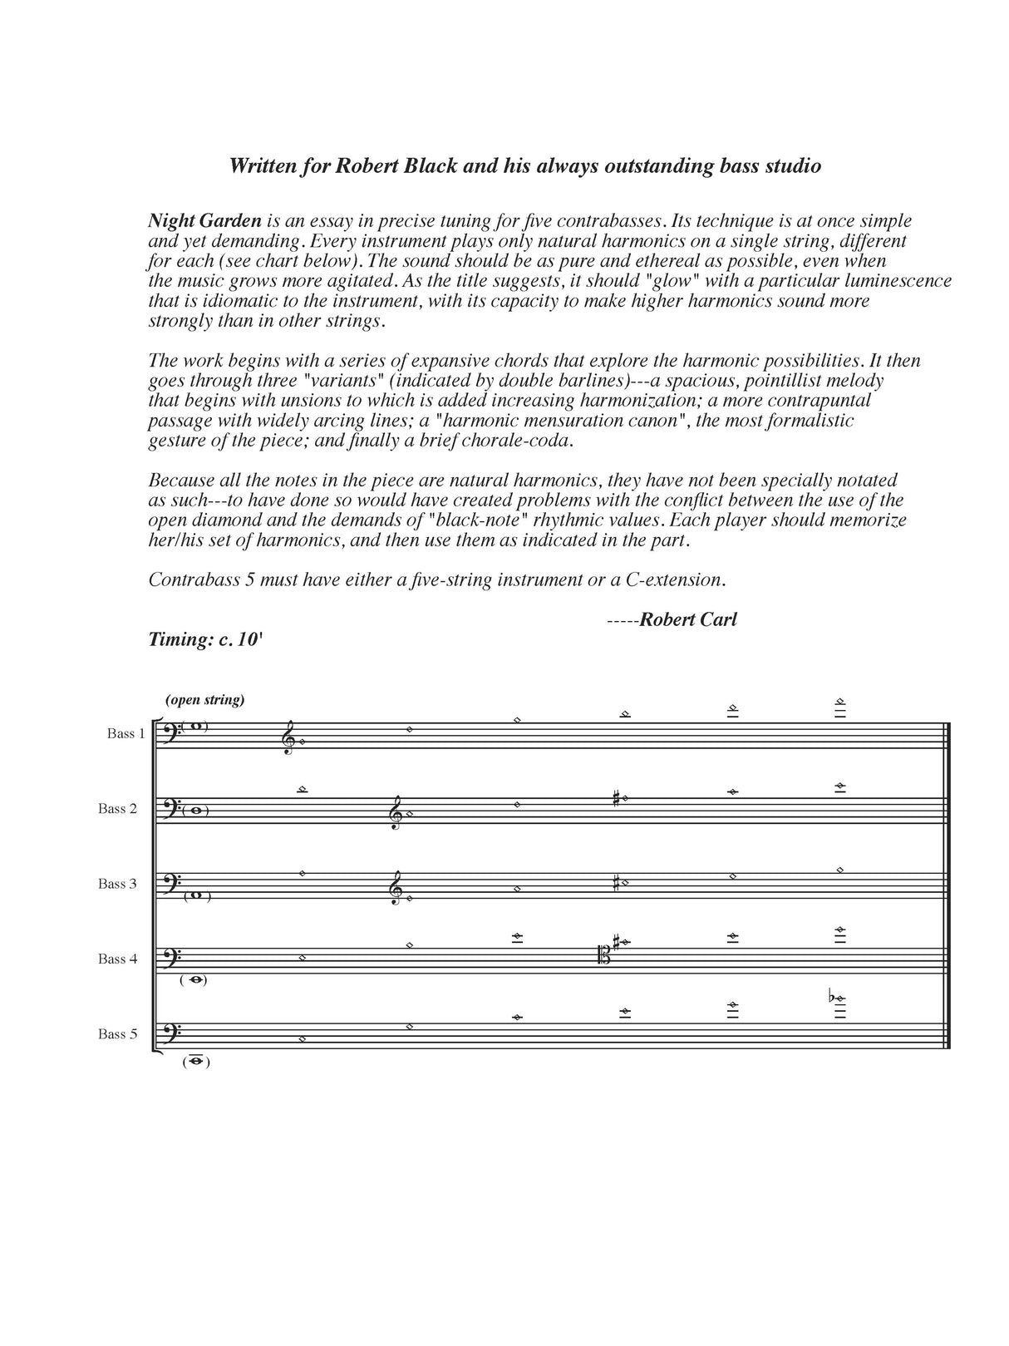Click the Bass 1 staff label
(x=126, y=733)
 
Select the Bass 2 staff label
(x=116, y=809)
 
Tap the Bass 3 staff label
(x=116, y=884)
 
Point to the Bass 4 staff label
(x=116, y=959)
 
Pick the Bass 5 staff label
(x=116, y=1034)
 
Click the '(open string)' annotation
(x=205, y=699)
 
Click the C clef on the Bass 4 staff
(x=604, y=957)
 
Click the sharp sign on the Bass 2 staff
(x=615, y=800)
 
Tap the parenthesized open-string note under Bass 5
(x=196, y=1062)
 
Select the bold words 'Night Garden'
(x=204, y=221)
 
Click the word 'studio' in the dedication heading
(x=792, y=165)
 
